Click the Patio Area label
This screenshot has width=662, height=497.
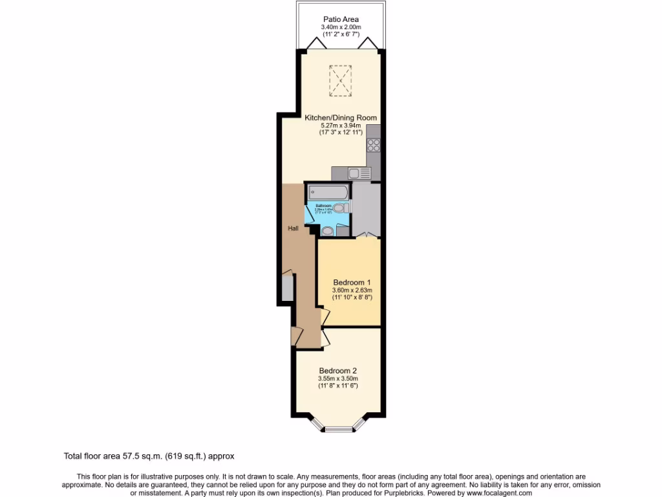[341, 19]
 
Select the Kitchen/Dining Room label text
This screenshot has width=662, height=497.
[341, 118]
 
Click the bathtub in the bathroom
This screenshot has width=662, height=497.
[328, 192]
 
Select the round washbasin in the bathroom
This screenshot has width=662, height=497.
[328, 230]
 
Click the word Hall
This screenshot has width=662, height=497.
[293, 228]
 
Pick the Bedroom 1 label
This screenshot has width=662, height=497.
[352, 283]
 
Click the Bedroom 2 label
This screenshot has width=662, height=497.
[337, 371]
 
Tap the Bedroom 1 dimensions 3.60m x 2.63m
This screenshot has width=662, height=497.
[352, 291]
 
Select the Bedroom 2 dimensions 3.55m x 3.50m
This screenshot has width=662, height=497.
[337, 379]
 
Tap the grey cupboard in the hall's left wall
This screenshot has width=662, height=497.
[287, 288]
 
